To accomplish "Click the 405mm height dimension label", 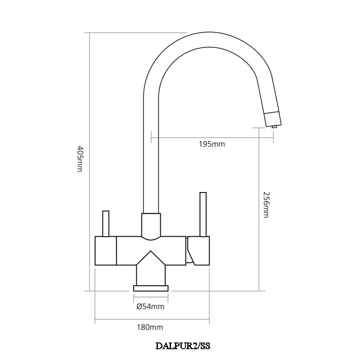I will coord(80,158).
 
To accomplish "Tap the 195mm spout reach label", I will coord(211,144).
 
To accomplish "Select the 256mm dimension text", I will coord(266,205).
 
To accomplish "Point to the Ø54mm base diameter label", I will coord(150,307).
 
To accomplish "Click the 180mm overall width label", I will coord(150,328).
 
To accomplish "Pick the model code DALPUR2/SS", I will coord(183,346).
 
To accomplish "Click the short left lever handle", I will coord(106,223).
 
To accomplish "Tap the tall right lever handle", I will coord(203,214).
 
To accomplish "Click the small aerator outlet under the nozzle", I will coord(274,127).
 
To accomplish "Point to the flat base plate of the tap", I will coord(151,288).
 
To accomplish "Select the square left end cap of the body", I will coord(106,251).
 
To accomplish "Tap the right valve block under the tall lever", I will coord(199,251).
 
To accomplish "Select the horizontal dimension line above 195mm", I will coord(211,138).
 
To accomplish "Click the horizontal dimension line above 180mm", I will coord(152,320).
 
